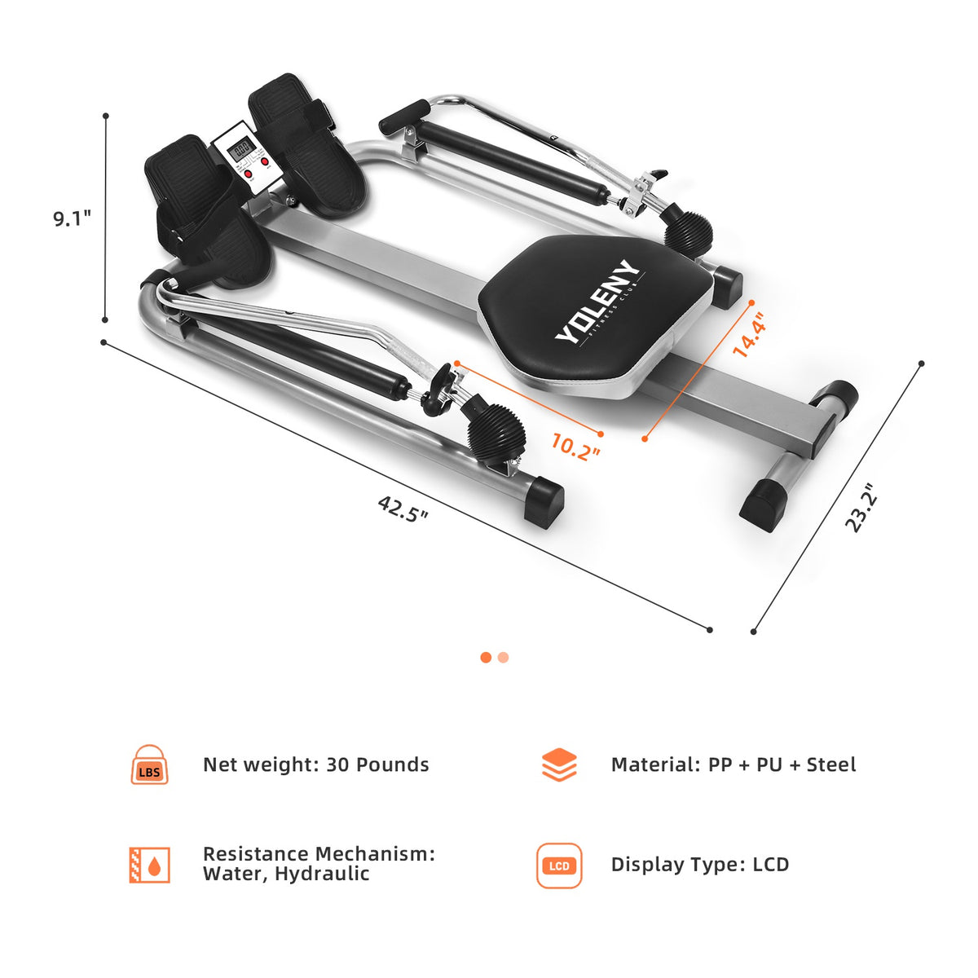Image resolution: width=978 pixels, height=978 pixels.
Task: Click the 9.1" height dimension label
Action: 72,218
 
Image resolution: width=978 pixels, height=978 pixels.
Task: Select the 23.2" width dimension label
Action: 861,508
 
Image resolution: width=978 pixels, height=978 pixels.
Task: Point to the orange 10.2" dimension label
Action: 575,447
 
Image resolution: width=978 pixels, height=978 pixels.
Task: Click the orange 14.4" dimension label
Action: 748,334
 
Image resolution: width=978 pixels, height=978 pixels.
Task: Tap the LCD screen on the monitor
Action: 241,148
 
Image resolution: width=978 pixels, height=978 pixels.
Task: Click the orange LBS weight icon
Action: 149,764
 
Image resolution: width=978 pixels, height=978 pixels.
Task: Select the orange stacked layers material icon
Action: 559,764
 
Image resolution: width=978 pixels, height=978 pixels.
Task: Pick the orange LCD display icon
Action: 559,866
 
